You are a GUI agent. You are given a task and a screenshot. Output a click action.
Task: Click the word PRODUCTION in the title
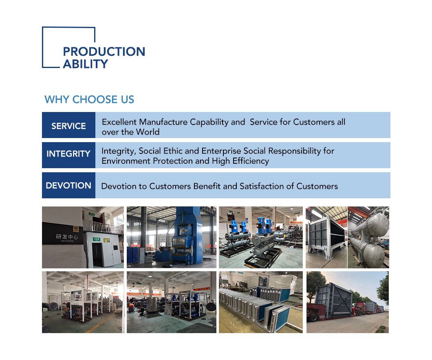tap(104, 52)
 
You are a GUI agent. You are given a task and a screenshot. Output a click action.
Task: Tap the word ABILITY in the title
tap(85, 64)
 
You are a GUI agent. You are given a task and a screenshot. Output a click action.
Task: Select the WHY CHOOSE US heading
tap(89, 99)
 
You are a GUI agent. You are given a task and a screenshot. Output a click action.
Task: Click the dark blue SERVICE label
tap(68, 126)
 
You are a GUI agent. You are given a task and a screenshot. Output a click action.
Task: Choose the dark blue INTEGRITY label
tap(68, 154)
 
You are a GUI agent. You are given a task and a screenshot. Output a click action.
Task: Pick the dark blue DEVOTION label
tap(68, 185)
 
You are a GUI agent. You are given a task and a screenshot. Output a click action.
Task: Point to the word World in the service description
tap(148, 132)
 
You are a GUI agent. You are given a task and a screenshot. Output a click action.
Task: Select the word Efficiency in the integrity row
tap(249, 161)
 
